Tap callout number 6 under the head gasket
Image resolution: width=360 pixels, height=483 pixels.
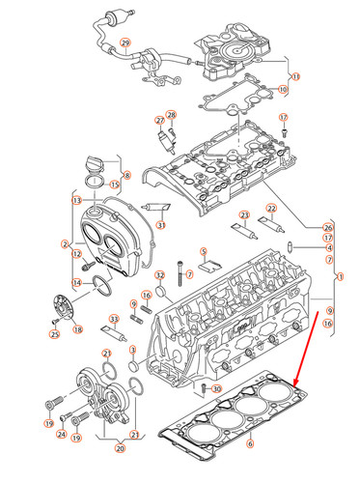pyautogui.click(x=250, y=444)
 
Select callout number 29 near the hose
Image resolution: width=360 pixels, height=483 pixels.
pyautogui.click(x=124, y=44)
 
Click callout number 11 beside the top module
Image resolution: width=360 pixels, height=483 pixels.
pyautogui.click(x=295, y=75)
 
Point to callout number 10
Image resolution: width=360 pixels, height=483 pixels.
pyautogui.click(x=283, y=90)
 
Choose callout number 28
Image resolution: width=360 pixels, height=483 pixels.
pyautogui.click(x=172, y=116)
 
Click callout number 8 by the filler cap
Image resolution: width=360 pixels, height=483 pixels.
pyautogui.click(x=125, y=174)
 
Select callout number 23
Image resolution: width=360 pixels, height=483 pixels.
pyautogui.click(x=244, y=214)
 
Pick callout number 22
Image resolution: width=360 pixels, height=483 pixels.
pyautogui.click(x=271, y=209)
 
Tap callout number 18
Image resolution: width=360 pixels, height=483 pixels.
pyautogui.click(x=77, y=329)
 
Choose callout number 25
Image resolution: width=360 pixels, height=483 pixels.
pyautogui.click(x=54, y=335)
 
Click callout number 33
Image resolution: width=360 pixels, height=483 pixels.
pyautogui.click(x=115, y=320)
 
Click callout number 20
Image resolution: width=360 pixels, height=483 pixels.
pyautogui.click(x=120, y=448)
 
